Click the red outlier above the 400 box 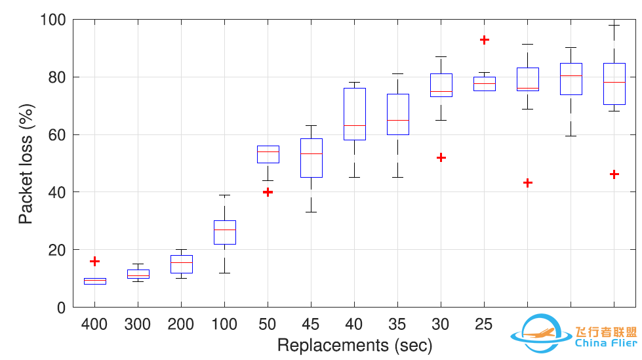tap(94, 261)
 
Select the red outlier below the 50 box tap(268, 192)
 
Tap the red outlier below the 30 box tap(441, 157)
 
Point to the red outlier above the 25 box tap(485, 39)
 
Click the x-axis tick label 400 tap(94, 324)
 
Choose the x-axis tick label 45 tap(311, 324)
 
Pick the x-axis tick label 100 tap(224, 324)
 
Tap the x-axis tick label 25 tap(484, 324)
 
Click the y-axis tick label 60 tap(55, 134)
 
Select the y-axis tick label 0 tap(60, 307)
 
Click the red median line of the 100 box tap(225, 230)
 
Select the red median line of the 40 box tap(355, 125)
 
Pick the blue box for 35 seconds tap(398, 114)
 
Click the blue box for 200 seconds tap(182, 264)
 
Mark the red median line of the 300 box tap(138, 275)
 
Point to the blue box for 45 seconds tap(311, 157)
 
